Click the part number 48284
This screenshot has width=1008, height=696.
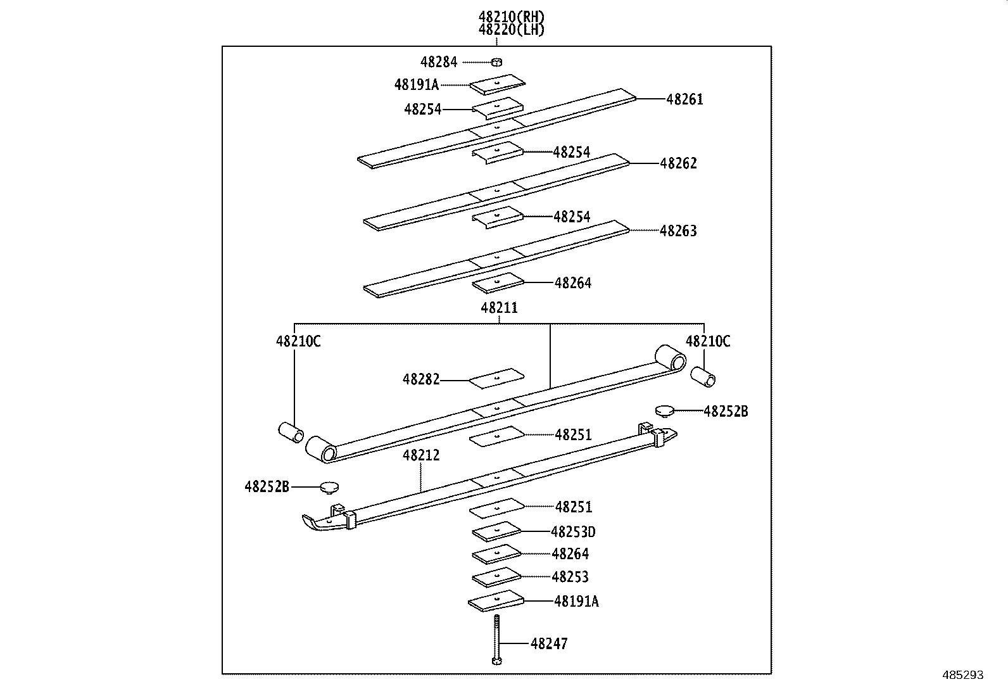pyautogui.click(x=439, y=62)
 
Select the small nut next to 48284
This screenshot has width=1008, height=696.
pyautogui.click(x=497, y=62)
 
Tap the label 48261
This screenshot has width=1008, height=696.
pyautogui.click(x=684, y=99)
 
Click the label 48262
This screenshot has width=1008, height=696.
pyautogui.click(x=678, y=163)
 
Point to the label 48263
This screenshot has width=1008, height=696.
pyautogui.click(x=678, y=231)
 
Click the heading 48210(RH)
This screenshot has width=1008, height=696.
pyautogui.click(x=512, y=17)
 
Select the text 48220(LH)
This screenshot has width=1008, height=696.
pyautogui.click(x=512, y=30)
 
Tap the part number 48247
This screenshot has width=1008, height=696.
pyautogui.click(x=549, y=644)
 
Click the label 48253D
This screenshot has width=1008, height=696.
pyautogui.click(x=573, y=532)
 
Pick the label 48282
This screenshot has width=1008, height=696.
pyautogui.click(x=421, y=380)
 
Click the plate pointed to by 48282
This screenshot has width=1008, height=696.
pyautogui.click(x=497, y=378)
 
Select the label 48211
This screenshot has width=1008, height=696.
pyautogui.click(x=499, y=308)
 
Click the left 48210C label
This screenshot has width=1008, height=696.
pyautogui.click(x=298, y=342)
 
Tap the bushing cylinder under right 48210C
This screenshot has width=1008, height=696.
pyautogui.click(x=702, y=376)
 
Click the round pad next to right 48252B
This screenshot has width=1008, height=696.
pyautogui.click(x=664, y=411)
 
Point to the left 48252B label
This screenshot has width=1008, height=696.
pyautogui.click(x=267, y=487)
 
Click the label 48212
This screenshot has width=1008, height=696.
pyautogui.click(x=421, y=455)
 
